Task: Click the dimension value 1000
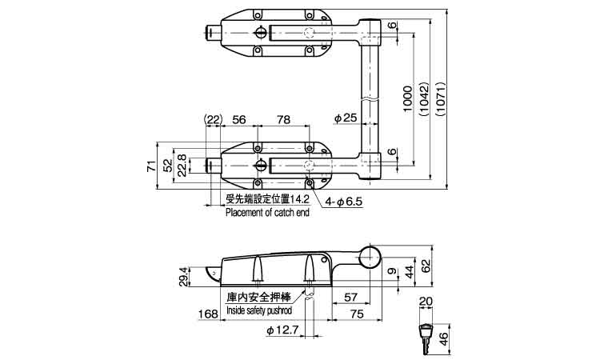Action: tap(407, 98)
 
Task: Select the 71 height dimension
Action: tap(150, 166)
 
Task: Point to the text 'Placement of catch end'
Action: tap(267, 213)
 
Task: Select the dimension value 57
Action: tap(350, 298)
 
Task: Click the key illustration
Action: tap(426, 336)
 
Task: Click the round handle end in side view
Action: tap(370, 258)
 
